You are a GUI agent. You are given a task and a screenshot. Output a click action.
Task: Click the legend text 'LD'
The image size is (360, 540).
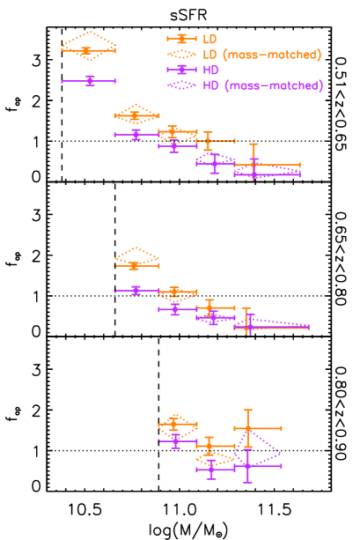(x=209, y=39)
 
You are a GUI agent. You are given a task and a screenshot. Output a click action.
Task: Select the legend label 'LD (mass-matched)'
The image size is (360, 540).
(x=261, y=55)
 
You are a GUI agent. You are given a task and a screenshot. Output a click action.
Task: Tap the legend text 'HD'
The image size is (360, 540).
(x=210, y=70)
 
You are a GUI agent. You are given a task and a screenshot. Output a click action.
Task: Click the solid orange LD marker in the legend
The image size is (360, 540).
(x=181, y=39)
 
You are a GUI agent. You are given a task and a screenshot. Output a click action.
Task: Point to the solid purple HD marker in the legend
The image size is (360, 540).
(x=181, y=70)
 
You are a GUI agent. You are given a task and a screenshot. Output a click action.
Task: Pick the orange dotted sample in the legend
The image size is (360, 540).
(x=181, y=55)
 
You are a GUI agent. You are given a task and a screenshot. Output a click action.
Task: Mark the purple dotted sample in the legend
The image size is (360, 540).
(x=181, y=85)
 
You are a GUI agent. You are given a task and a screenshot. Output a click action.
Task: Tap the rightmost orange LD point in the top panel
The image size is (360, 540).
(x=253, y=164)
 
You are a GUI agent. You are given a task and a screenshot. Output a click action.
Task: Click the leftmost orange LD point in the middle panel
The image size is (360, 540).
(x=135, y=265)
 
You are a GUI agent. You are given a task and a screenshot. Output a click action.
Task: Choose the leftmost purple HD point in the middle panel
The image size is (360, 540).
(x=136, y=290)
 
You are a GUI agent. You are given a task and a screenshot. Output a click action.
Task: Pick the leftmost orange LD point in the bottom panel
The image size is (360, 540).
(x=174, y=426)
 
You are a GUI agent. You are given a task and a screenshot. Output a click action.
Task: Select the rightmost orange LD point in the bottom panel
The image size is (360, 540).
(x=248, y=428)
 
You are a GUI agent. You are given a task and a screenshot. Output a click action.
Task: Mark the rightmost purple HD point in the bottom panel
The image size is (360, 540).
(x=248, y=465)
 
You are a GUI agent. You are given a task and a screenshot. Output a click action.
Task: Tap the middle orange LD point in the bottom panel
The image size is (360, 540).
(x=209, y=444)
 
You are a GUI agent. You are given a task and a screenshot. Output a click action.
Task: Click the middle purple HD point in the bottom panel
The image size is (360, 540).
(x=210, y=470)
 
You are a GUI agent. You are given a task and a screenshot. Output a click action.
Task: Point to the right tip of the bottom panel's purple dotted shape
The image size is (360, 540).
(x=282, y=455)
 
